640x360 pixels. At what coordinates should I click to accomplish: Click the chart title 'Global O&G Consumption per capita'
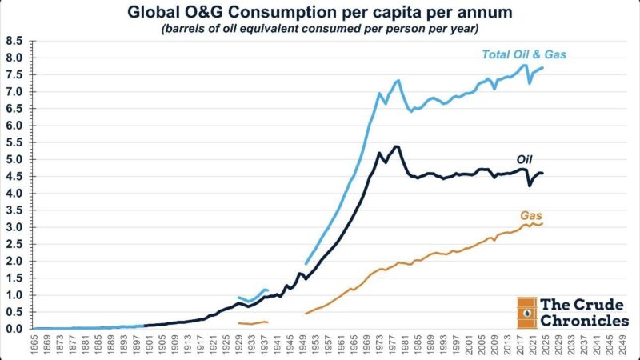tap(320, 12)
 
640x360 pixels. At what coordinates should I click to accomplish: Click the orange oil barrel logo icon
tap(526, 312)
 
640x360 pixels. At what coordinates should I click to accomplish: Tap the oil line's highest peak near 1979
tap(398, 146)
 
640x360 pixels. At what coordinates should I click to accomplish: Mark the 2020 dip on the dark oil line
tap(530, 186)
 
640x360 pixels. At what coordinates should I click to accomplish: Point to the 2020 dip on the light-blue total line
tap(530, 82)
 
